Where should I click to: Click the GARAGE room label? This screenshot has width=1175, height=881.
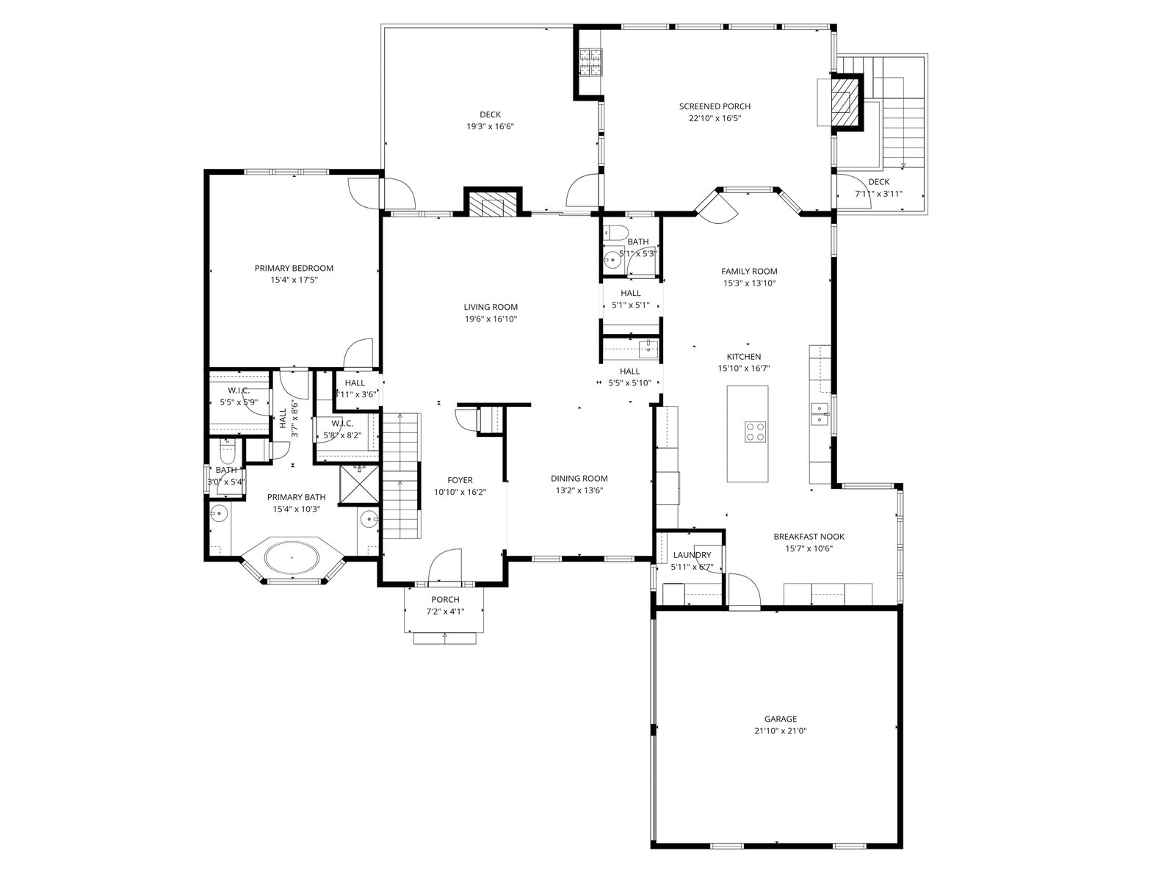tap(780, 719)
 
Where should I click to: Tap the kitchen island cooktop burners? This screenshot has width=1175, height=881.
tap(756, 431)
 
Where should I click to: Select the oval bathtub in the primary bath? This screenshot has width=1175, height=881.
tap(292, 556)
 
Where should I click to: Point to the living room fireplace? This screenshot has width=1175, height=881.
tap(493, 203)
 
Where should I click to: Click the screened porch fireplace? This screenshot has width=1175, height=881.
tap(846, 102)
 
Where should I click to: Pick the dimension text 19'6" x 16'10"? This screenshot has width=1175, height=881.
tap(491, 319)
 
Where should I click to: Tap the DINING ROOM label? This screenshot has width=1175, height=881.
tap(579, 478)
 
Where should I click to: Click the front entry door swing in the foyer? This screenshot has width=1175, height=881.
tap(445, 565)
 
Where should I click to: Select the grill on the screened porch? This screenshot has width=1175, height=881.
tap(590, 62)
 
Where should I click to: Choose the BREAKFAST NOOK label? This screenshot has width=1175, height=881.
tap(809, 537)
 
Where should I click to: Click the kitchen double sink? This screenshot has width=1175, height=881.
tap(819, 414)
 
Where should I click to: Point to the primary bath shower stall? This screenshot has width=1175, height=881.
tap(359, 485)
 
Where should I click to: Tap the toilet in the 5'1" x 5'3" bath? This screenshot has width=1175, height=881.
tap(616, 233)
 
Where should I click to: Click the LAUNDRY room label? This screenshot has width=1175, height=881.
tap(693, 555)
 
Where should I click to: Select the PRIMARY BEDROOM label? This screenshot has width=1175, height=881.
tap(294, 268)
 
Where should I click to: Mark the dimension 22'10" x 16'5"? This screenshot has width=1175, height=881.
tap(715, 118)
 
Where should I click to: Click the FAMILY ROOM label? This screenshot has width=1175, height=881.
tap(749, 271)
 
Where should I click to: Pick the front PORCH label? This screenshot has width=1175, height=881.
tap(445, 600)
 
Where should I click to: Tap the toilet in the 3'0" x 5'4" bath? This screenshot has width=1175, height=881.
tap(227, 452)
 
